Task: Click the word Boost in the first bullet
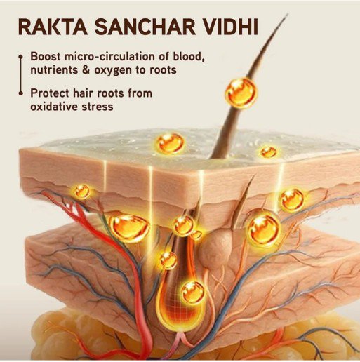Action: (x=46, y=57)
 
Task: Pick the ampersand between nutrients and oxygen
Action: (x=86, y=70)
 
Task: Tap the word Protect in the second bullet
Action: (x=50, y=93)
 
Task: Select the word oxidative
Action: (x=54, y=107)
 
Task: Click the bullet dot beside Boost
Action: (x=21, y=57)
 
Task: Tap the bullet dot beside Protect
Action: (x=21, y=93)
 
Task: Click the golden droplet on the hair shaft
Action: (x=241, y=93)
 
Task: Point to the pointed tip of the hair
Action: (x=287, y=15)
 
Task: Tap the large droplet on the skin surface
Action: (x=171, y=143)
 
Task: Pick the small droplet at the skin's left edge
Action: (x=82, y=191)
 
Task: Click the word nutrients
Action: (x=54, y=70)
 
